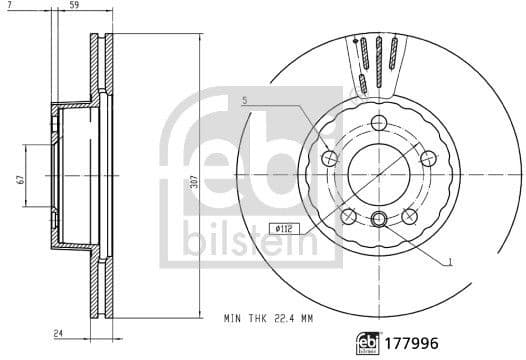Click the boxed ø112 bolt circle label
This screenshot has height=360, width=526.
pos(284,228)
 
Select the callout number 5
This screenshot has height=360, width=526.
pos(243,101)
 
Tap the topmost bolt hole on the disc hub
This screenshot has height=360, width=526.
pos(378,122)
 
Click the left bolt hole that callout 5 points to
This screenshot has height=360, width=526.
pos(330,158)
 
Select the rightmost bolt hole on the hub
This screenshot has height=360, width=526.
pos(427,157)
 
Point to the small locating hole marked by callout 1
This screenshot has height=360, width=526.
pos(378,221)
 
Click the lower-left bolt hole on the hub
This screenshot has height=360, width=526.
pos(349,215)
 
